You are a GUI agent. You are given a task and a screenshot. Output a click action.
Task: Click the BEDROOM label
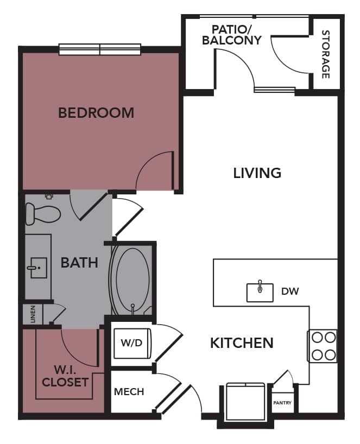click(x=96, y=113)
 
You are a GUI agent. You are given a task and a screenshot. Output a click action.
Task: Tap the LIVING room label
click(x=257, y=173)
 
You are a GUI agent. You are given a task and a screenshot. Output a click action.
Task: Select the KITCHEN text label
click(x=242, y=343)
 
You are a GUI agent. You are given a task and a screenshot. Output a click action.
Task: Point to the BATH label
click(x=79, y=263)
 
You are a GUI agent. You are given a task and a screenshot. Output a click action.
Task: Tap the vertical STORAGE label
click(x=326, y=54)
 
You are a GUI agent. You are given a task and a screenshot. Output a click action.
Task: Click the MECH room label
click(x=129, y=391)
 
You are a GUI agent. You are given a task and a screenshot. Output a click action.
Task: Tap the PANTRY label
click(x=282, y=403)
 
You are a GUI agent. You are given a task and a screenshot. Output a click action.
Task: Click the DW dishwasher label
click(x=290, y=291)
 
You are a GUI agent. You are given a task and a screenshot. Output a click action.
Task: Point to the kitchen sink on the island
click(x=261, y=291)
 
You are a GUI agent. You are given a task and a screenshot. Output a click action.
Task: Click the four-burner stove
click(x=323, y=346)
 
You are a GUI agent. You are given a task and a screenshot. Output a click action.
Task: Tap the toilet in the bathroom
click(x=42, y=213)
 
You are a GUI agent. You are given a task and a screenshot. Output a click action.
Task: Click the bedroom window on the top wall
click(x=100, y=49)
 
